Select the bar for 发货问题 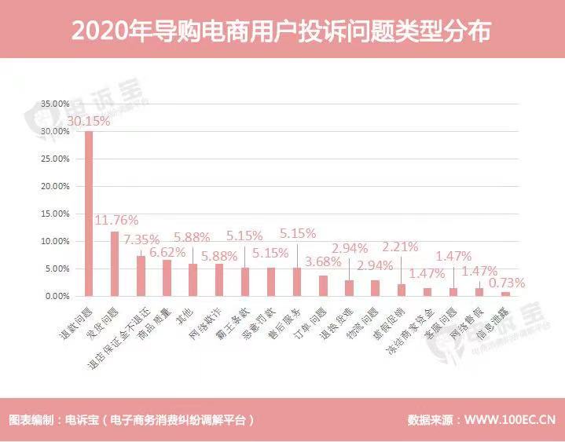coord(115,264)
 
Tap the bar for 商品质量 coord(167,278)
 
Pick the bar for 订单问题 coord(323,286)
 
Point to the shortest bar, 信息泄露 coord(505,294)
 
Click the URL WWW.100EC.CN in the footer coord(504,418)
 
